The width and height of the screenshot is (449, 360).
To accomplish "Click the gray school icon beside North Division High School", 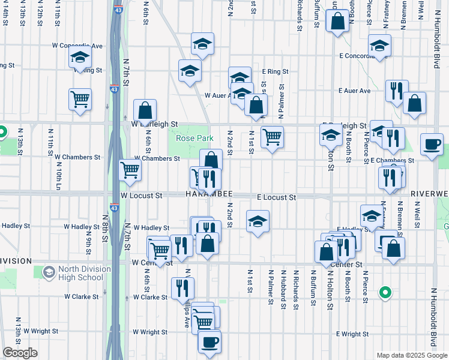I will tap(48, 273).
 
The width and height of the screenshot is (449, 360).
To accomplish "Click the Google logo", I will tap(20, 353).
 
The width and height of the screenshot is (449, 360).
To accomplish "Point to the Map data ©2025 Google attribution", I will tap(411, 355).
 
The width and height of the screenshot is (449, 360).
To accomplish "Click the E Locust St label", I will tap(277, 197).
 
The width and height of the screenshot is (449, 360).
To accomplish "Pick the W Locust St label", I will tap(141, 196).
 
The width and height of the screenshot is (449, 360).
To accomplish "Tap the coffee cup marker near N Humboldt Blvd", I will tap(432, 145).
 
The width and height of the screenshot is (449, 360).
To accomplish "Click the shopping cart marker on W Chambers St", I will tap(130, 170).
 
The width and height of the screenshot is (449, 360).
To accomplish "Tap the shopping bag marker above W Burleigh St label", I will tap(145, 110).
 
